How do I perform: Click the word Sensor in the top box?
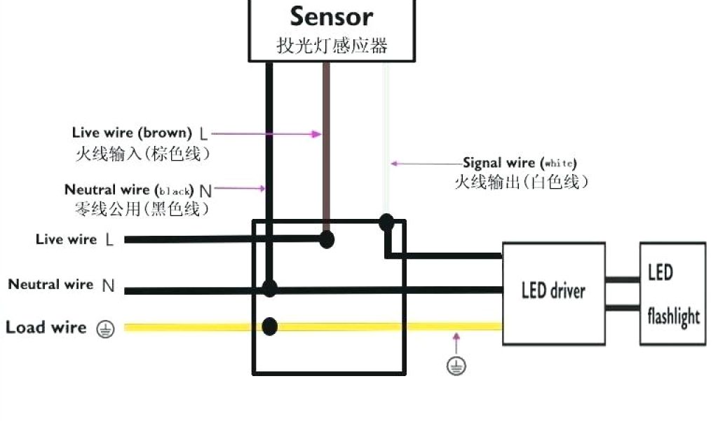tap(331, 15)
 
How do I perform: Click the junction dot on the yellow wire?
tap(269, 326)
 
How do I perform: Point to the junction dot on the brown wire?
tap(326, 239)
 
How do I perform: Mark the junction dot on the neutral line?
tap(269, 288)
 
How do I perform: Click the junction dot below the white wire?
tap(386, 223)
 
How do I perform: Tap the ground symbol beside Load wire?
tap(105, 328)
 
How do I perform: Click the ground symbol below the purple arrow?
tap(456, 365)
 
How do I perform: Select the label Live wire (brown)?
tap(132, 132)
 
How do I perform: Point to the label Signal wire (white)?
tap(520, 163)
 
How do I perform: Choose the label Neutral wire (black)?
tap(129, 189)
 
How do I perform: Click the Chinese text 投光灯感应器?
tap(331, 46)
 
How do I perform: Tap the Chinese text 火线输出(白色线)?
tap(521, 182)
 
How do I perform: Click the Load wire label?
tap(46, 328)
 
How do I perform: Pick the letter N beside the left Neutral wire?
tap(108, 286)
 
